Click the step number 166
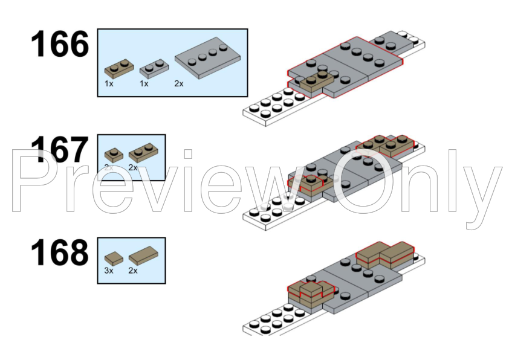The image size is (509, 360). coord(60,43)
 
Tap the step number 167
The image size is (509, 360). coord(60,149)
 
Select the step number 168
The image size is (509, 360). coord(60,252)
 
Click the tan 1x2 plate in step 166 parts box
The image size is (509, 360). coord(119,69)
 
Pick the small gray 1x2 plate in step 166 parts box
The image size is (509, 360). coord(154,68)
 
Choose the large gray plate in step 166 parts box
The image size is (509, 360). coord(207,58)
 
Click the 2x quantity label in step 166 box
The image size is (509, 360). coord(178,84)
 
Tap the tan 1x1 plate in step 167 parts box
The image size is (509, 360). coord(114,155)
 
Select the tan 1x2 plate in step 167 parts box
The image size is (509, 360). coord(143,152)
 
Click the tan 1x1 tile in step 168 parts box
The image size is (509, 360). coord(114,259)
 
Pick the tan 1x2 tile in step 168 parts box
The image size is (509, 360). coord(143,256)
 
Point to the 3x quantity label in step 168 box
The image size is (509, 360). coord(109,271)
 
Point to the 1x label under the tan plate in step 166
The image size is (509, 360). coord(109,84)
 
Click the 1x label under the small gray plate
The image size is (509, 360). coord(144,84)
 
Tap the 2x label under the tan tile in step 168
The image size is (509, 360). coord(133,271)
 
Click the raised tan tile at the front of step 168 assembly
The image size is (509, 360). coord(311,289)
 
